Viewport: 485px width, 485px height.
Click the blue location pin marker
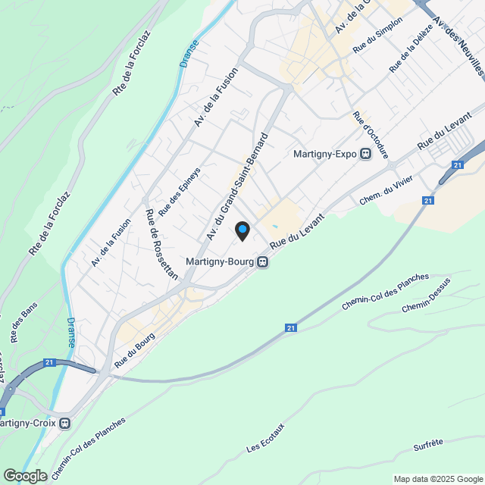tap(242, 230)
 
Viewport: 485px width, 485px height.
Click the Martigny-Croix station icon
tap(65, 423)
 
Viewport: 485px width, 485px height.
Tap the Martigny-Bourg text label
tap(220, 262)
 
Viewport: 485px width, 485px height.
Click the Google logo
tap(25, 475)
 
